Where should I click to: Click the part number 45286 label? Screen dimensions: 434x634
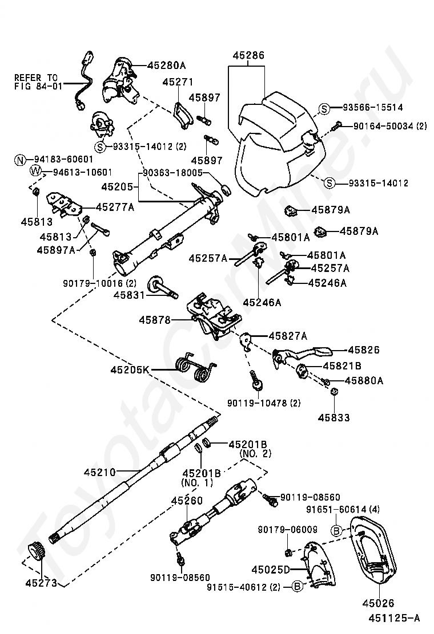(x=248, y=55)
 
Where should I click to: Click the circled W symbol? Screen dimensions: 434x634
(x=35, y=172)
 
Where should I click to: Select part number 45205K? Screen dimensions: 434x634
(x=130, y=369)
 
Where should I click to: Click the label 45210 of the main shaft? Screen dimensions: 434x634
(x=100, y=472)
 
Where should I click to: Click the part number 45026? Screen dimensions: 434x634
(x=378, y=603)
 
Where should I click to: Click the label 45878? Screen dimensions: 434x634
(x=155, y=320)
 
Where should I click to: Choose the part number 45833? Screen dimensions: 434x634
(x=333, y=417)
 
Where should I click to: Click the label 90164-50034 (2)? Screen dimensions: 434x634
(x=390, y=126)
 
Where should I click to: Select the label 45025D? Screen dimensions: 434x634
(x=271, y=570)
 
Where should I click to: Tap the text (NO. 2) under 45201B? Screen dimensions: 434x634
(x=255, y=454)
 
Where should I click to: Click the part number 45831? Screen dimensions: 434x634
(x=129, y=295)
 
